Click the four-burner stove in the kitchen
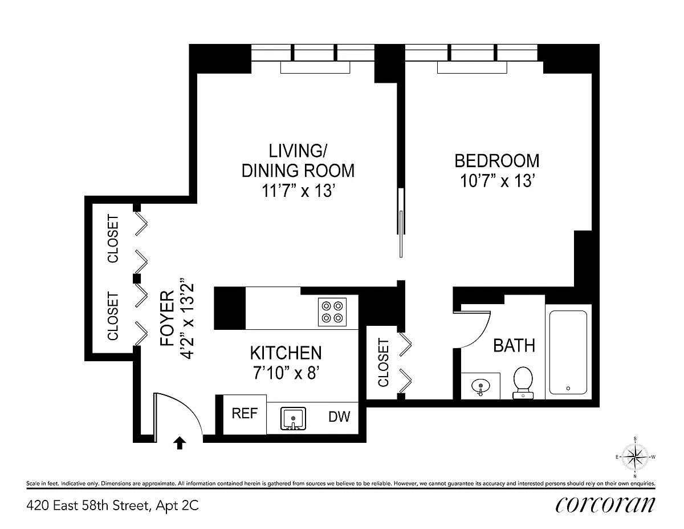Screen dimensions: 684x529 click(332, 312)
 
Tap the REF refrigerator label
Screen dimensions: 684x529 click(245, 413)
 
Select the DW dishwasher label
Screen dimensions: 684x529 click(339, 417)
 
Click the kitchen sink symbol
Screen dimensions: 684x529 click(293, 418)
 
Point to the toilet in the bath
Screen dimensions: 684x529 click(523, 383)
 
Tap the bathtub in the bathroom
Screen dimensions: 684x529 click(568, 352)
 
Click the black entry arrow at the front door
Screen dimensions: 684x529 click(180, 443)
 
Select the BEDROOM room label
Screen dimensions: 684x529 click(496, 161)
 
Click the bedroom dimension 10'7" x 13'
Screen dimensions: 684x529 click(498, 181)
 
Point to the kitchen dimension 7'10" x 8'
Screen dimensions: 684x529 click(286, 373)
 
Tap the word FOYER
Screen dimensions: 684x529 click(167, 318)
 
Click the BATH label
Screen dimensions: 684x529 click(514, 346)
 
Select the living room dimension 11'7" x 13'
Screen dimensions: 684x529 click(298, 191)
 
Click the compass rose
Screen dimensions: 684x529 click(635, 457)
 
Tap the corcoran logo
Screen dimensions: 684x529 click(605, 504)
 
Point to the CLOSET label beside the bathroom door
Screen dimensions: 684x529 click(384, 362)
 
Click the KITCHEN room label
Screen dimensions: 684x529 click(286, 353)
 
